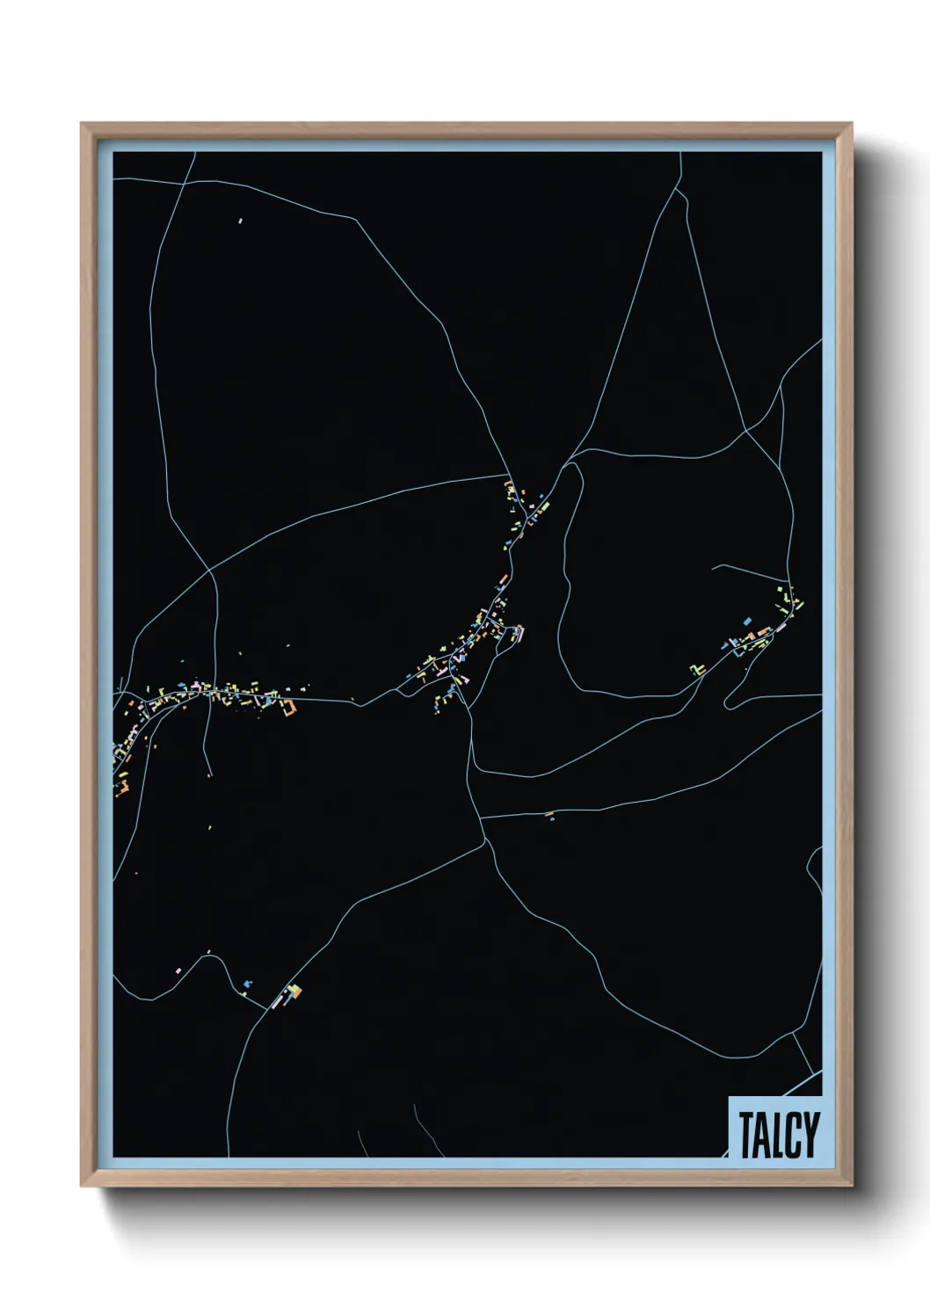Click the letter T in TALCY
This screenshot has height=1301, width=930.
(x=746, y=1135)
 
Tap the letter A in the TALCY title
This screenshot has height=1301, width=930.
(x=762, y=1135)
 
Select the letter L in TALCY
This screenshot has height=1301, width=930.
(x=777, y=1135)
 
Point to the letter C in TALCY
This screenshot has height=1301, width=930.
(x=792, y=1135)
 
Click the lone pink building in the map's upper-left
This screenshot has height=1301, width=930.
(x=240, y=221)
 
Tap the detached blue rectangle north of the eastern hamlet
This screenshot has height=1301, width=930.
(x=748, y=621)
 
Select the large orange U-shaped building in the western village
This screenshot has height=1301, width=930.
(x=287, y=708)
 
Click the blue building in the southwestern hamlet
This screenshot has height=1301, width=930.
(x=247, y=983)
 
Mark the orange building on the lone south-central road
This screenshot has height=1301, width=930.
(x=549, y=816)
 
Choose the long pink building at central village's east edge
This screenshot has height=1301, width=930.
(x=519, y=632)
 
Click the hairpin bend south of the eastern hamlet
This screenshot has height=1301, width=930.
(x=726, y=702)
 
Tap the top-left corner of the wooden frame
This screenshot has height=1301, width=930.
(x=83, y=125)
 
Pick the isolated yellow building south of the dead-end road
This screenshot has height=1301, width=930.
(x=211, y=826)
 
